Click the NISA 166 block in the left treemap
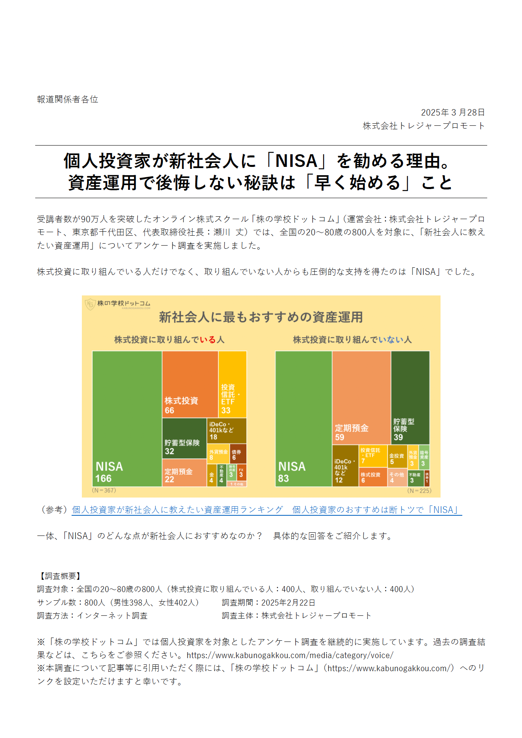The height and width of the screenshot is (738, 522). point(127,418)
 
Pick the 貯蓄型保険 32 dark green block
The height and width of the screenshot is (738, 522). point(184,438)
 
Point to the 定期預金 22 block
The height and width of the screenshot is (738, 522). point(184,473)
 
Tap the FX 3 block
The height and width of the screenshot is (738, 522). point(241,473)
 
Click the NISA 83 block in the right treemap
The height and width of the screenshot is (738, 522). point(303,418)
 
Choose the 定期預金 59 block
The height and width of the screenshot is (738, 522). point(361,397)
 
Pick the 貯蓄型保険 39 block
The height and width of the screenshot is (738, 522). point(410,397)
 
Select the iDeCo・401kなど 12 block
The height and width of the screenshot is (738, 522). point(345,466)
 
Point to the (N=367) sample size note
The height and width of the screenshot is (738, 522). point(104,490)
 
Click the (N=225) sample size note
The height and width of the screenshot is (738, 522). point(419,490)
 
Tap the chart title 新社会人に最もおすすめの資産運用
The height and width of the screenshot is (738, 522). point(261,317)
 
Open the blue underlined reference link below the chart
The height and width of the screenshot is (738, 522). point(267,510)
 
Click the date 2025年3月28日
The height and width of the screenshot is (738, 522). point(452,112)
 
